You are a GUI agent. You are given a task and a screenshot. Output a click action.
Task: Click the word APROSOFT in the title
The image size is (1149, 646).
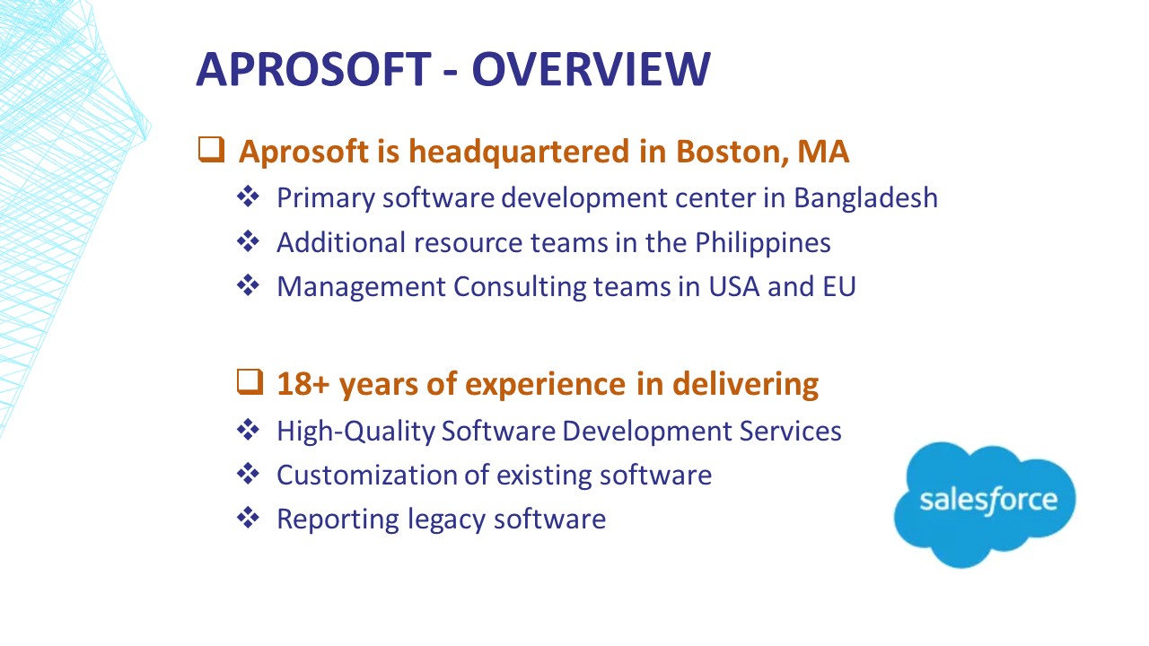click(x=314, y=69)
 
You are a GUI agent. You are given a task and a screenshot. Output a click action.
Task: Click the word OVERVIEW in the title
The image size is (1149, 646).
click(x=592, y=69)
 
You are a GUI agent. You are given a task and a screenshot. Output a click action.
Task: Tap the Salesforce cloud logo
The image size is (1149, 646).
click(x=985, y=504)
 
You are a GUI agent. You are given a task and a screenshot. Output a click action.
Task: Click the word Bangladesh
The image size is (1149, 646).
click(x=866, y=198)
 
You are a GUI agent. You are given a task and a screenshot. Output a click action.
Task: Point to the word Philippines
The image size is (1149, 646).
click(x=763, y=242)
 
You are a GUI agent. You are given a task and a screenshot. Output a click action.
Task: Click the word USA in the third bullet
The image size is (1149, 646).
click(x=733, y=286)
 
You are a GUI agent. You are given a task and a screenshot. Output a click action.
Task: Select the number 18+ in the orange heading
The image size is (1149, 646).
click(x=303, y=383)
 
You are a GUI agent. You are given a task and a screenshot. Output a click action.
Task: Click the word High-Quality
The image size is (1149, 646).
click(x=355, y=432)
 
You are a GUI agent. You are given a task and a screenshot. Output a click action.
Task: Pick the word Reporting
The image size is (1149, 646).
click(x=338, y=519)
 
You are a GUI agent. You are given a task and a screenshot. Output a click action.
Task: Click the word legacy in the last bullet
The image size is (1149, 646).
click(x=446, y=519)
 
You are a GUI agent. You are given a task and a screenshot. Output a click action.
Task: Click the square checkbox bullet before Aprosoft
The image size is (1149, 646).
click(x=211, y=150)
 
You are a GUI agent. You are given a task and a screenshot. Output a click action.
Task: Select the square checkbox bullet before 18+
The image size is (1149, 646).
click(x=250, y=382)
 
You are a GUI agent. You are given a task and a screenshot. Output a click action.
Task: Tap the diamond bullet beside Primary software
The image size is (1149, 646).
click(x=249, y=196)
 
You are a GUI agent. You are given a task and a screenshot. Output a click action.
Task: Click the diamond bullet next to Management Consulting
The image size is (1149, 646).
click(x=249, y=285)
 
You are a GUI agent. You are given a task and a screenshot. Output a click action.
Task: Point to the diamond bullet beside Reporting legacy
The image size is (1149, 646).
click(x=249, y=518)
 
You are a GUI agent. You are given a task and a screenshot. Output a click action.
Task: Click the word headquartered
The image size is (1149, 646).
click(x=519, y=152)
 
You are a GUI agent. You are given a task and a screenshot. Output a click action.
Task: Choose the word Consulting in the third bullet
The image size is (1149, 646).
click(x=520, y=287)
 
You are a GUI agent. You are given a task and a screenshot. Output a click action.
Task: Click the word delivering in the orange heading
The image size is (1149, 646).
click(x=745, y=384)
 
